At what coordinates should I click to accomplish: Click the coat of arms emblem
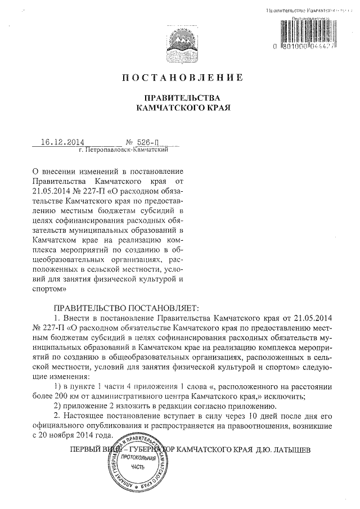point(180,40)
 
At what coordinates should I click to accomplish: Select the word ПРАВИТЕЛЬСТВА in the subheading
point(180,97)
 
